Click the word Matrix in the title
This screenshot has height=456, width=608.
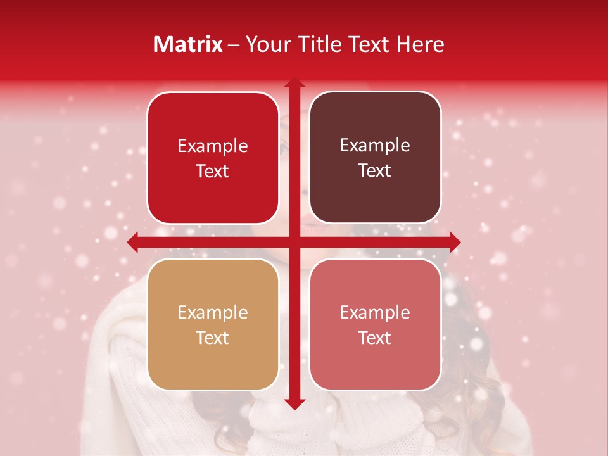(x=188, y=44)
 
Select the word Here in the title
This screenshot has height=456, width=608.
(x=420, y=44)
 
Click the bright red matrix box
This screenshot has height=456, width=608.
(x=213, y=158)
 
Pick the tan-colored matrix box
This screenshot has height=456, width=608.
(x=213, y=324)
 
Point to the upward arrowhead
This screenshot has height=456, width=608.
(x=294, y=84)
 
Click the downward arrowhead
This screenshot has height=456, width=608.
(x=294, y=403)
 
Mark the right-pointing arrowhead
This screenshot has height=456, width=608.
(x=454, y=242)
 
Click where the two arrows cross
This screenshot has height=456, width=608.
(x=294, y=242)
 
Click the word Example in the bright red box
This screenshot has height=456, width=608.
(x=213, y=146)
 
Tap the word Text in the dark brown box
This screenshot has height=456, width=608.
(x=375, y=171)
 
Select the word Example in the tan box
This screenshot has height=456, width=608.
(x=213, y=313)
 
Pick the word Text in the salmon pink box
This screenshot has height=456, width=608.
(x=375, y=338)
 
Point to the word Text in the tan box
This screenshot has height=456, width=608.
(x=213, y=338)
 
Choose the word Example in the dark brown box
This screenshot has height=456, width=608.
(x=375, y=146)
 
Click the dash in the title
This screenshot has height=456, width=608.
(x=234, y=45)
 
